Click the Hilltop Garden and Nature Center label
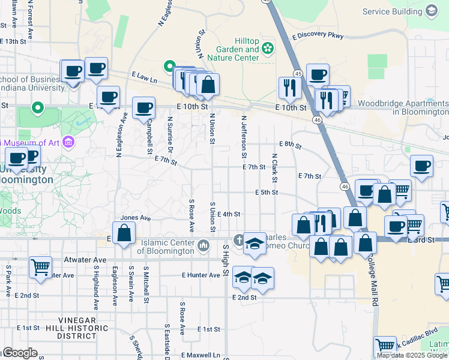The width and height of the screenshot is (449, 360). [x=234, y=50]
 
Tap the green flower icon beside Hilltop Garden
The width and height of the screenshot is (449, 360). [x=268, y=48]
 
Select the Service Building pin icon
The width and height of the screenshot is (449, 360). [x=431, y=11]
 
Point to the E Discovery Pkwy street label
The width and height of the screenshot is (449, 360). [x=318, y=35]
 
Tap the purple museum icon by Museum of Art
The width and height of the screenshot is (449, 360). [x=68, y=142]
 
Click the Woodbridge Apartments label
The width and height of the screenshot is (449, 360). [x=403, y=108]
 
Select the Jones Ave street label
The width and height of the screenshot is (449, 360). [x=136, y=218]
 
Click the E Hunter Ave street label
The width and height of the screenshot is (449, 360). [x=201, y=275]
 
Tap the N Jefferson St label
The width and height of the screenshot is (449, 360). [x=244, y=133]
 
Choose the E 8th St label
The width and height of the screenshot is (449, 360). [x=289, y=145]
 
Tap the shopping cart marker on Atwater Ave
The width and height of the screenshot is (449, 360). [x=41, y=268]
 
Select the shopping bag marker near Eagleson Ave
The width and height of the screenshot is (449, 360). [x=124, y=233]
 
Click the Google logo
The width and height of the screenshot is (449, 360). [x=19, y=353]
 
